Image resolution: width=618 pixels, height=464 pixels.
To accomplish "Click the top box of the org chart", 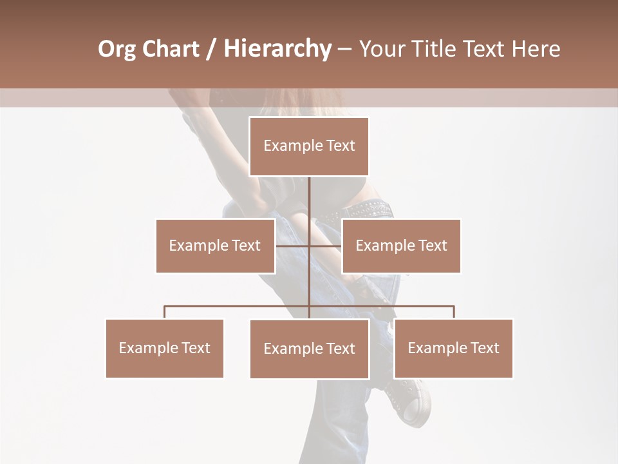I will pos(309,146).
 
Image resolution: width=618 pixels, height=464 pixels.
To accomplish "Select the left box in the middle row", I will pos(215,246).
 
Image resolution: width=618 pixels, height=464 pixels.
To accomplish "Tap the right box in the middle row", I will pos(401,246).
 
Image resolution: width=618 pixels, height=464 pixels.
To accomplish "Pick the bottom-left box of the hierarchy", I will pos(165,348).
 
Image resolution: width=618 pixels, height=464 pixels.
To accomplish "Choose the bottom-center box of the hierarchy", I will pos(309,349).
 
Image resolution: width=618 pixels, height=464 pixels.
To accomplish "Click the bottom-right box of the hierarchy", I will pos(453,348).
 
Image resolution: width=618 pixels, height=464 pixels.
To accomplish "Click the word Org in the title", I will pos(117,49).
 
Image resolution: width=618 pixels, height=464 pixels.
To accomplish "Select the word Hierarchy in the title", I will pos(277,49).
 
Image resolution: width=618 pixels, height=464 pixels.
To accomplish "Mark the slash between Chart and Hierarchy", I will pos(211,49).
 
